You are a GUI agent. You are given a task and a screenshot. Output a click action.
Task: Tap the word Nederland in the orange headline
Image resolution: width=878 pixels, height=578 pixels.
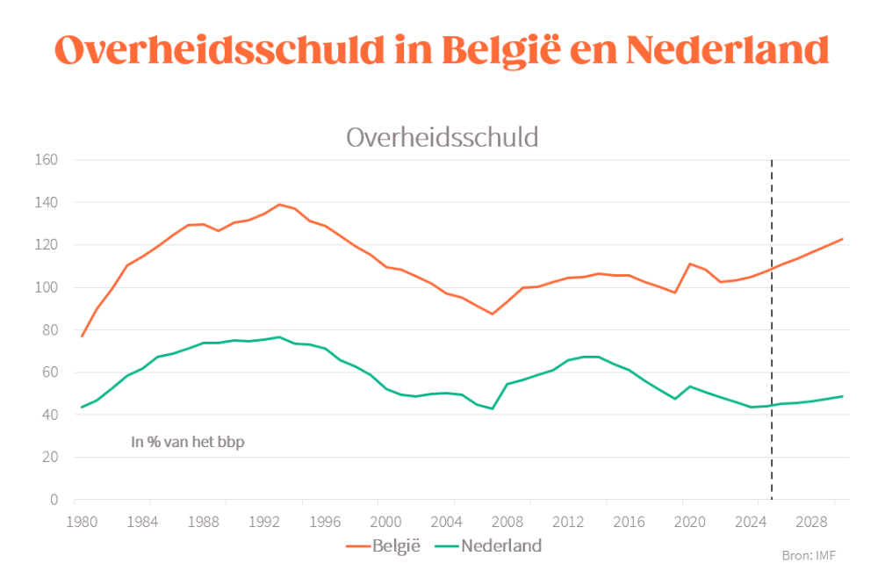(x=728, y=50)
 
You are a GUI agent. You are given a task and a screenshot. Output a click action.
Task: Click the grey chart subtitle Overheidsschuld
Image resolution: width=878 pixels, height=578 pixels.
(x=442, y=137)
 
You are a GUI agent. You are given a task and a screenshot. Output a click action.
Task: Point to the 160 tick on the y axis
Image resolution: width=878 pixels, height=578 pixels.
(x=47, y=160)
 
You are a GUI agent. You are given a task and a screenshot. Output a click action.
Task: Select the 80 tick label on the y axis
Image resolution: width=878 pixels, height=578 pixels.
(x=49, y=330)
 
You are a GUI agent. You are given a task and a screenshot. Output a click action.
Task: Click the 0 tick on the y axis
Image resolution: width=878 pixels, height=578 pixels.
(x=54, y=500)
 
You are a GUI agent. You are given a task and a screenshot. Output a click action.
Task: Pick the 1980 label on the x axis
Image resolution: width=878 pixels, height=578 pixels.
(x=83, y=520)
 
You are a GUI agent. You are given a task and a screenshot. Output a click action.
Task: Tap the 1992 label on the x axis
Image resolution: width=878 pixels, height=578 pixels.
(x=264, y=520)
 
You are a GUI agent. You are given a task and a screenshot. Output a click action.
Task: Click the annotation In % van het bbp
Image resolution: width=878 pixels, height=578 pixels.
(x=188, y=442)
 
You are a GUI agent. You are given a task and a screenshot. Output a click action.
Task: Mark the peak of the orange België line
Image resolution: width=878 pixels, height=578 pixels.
(x=279, y=205)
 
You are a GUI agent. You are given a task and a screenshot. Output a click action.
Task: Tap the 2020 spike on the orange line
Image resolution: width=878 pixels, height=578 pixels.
(x=690, y=264)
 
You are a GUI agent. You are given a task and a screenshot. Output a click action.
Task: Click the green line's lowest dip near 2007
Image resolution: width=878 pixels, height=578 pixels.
(x=493, y=408)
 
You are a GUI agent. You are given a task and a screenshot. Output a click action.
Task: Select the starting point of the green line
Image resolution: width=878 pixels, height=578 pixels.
(x=82, y=407)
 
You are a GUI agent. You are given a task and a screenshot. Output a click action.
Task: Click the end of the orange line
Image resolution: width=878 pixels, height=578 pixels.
(x=843, y=239)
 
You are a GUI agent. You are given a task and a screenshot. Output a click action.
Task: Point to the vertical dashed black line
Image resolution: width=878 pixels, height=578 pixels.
(x=772, y=351)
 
